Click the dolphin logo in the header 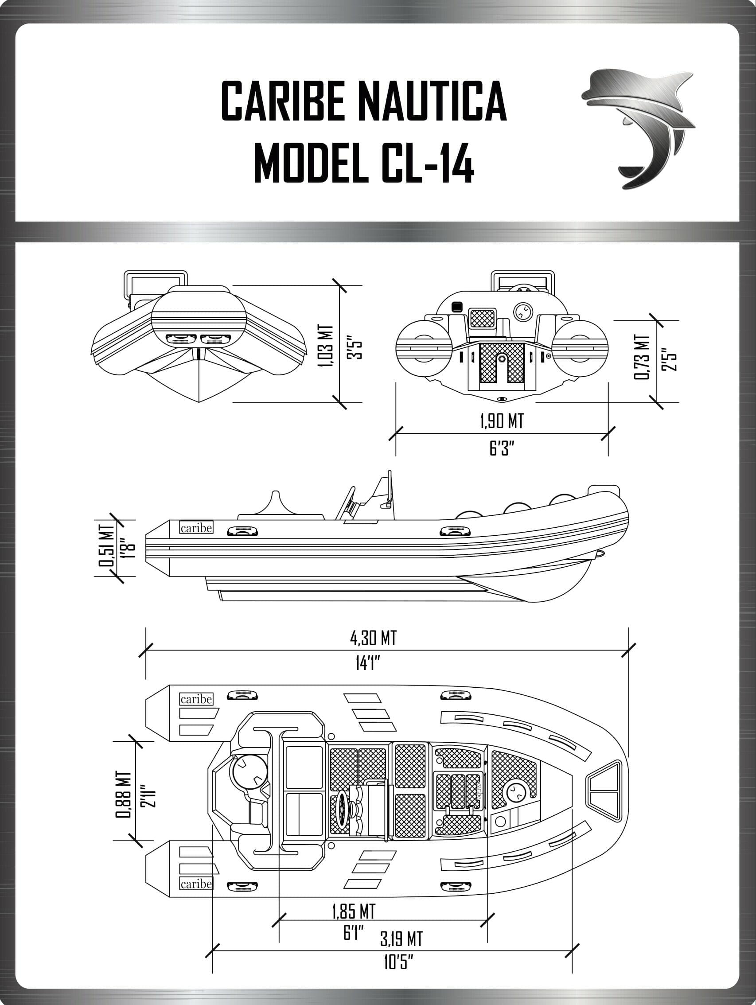pyautogui.click(x=638, y=128)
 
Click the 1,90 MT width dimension pyautogui.click(x=502, y=421)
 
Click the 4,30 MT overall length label pyautogui.click(x=373, y=639)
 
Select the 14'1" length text pyautogui.click(x=367, y=664)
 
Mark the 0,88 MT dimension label pyautogui.click(x=124, y=794)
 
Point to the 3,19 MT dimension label pyautogui.click(x=401, y=938)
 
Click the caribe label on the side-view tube pyautogui.click(x=196, y=528)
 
